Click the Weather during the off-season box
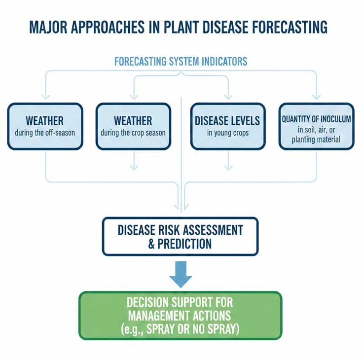(45, 126)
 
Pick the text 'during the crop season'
(133, 133)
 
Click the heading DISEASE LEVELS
(227, 121)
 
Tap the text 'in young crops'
(227, 133)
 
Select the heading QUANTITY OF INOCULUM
(316, 119)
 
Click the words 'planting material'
(316, 140)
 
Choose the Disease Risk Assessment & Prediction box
(180, 237)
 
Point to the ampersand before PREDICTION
(152, 244)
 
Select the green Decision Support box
(180, 316)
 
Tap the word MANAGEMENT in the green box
(180, 315)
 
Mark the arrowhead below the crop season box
(134, 168)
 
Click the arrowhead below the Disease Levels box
(228, 168)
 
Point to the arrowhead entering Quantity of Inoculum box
(316, 97)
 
